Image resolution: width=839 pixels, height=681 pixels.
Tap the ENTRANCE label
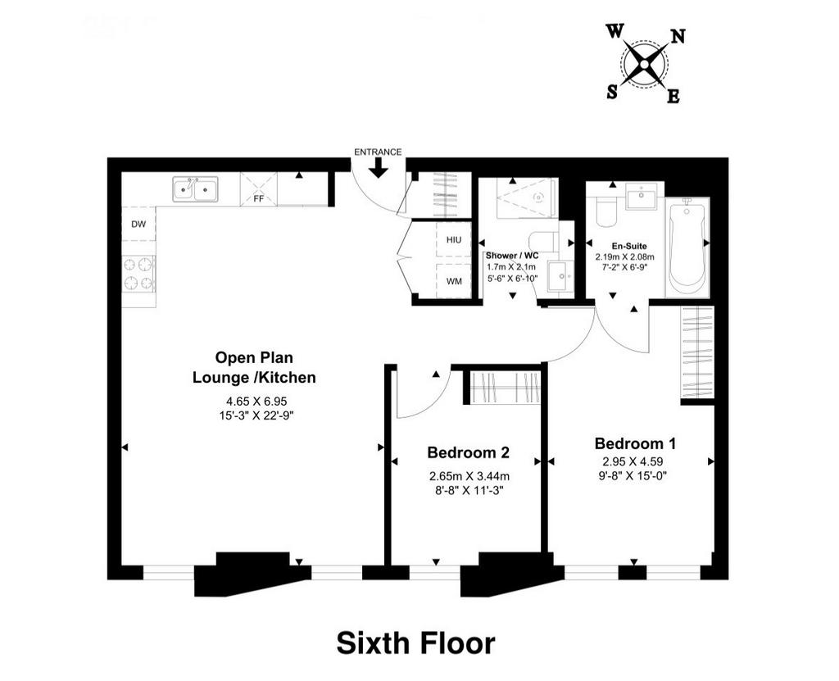[x=378, y=152]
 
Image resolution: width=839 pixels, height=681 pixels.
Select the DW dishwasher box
[x=138, y=224]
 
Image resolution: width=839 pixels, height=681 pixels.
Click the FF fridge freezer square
[x=259, y=188]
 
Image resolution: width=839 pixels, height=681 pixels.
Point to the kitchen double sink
[x=195, y=189]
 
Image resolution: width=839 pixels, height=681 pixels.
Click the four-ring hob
[x=138, y=273]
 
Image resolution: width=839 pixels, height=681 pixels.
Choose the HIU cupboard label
[x=454, y=240]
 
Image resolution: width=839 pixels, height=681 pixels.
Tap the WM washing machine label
[x=454, y=281]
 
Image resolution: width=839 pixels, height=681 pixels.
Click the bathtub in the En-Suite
[x=687, y=247]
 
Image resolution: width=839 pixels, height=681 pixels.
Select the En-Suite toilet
[x=608, y=211]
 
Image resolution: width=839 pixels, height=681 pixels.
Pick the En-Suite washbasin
[x=642, y=197]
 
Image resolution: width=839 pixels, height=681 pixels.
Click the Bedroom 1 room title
[x=635, y=443]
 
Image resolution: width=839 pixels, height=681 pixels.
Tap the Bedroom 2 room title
[x=468, y=452]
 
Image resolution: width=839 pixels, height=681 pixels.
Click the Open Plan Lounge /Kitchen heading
[x=254, y=367]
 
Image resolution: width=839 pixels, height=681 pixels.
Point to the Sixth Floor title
[x=415, y=643]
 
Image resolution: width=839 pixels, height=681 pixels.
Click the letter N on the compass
[x=678, y=36]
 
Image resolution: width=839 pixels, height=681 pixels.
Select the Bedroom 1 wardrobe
[x=697, y=352]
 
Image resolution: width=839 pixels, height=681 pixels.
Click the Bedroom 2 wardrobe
[x=505, y=387]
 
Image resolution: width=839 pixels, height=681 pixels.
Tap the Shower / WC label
[x=512, y=256]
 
